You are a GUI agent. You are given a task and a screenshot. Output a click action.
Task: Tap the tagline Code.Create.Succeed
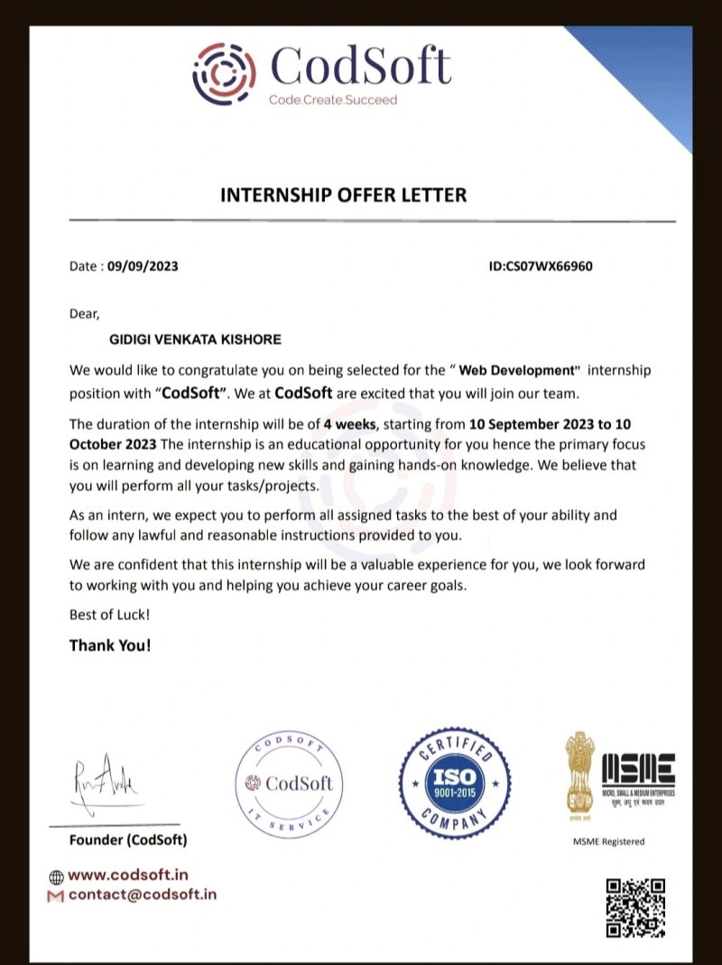click(332, 99)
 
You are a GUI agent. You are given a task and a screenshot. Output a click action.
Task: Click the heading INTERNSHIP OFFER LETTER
click(344, 194)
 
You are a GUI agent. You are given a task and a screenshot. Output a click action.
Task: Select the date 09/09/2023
click(143, 266)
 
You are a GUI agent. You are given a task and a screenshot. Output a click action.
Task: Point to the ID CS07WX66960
click(541, 266)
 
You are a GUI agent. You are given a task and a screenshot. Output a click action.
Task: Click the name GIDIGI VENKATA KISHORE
click(194, 339)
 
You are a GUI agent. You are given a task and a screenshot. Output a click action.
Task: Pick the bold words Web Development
click(516, 370)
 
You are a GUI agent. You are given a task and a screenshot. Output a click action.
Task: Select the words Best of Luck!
click(110, 615)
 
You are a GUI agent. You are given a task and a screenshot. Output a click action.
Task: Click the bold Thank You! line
click(110, 645)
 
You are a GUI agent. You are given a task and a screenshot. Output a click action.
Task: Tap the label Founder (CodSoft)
click(128, 840)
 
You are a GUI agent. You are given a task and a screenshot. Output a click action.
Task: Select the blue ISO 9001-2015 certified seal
click(455, 781)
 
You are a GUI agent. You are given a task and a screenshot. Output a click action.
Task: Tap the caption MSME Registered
click(609, 841)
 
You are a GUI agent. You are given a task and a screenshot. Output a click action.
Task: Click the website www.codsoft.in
click(127, 875)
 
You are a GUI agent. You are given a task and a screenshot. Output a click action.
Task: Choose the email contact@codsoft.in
click(142, 895)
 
